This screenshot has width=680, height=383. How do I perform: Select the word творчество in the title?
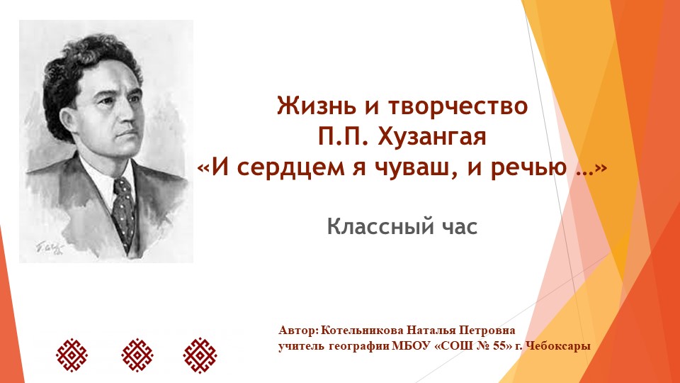tap(458, 106)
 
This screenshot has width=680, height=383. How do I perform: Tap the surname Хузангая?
tap(432, 137)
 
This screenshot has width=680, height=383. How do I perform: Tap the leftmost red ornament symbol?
tap(72, 355)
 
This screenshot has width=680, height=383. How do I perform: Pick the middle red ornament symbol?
tap(137, 355)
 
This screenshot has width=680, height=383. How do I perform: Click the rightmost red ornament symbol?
tap(200, 355)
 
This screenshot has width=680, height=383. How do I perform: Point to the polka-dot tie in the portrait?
tap(124, 211)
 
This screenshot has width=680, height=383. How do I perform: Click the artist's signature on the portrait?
tap(50, 248)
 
